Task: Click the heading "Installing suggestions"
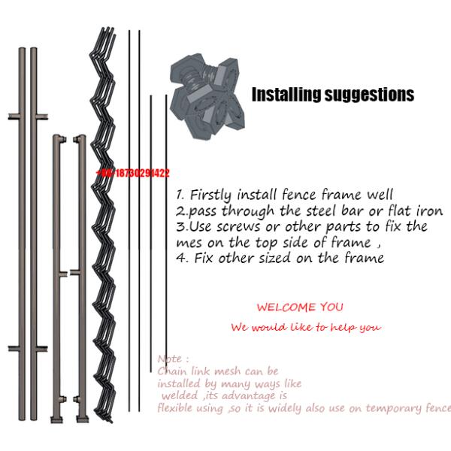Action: click(x=332, y=95)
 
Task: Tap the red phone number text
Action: click(x=133, y=173)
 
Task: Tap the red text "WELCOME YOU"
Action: click(x=300, y=307)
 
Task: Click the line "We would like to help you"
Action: click(x=306, y=327)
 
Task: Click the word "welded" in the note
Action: click(x=179, y=395)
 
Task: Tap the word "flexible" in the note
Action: click(x=179, y=408)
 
